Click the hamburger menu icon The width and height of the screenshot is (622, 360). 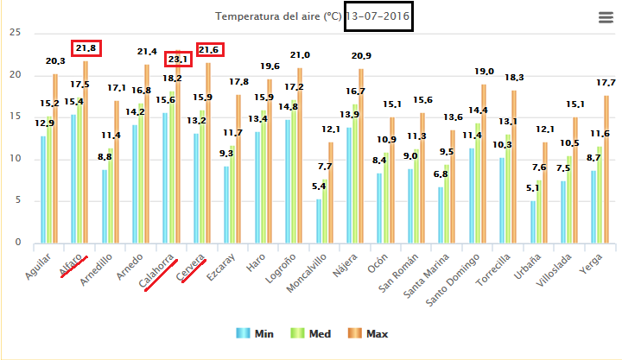click(606, 18)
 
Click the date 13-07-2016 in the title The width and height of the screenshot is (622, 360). click(378, 17)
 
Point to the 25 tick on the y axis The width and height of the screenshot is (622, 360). click(13, 33)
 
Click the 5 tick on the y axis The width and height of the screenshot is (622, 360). click(16, 201)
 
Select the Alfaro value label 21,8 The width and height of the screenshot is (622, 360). click(87, 48)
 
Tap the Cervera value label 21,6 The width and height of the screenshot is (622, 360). click(209, 50)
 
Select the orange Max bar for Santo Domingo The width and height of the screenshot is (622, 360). click(483, 163)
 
